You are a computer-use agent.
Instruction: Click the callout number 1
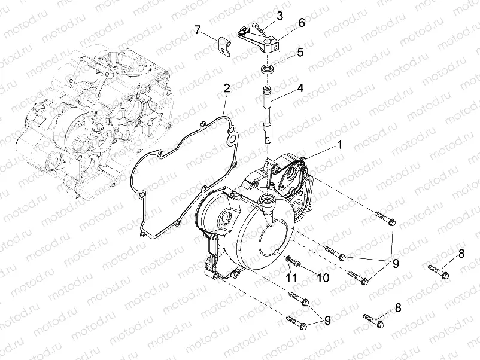(339, 145)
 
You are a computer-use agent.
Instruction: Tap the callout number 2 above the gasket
(227, 89)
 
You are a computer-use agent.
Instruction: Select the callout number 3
(280, 14)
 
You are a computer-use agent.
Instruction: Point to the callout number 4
(300, 87)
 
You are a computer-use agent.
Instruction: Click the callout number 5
(300, 52)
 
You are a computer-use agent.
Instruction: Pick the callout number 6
(301, 23)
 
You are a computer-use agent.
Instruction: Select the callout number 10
(322, 278)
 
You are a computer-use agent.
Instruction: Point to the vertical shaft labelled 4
(266, 114)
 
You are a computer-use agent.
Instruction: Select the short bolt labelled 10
(297, 264)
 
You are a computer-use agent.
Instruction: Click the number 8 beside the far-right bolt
(461, 254)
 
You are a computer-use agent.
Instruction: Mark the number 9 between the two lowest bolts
(327, 320)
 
